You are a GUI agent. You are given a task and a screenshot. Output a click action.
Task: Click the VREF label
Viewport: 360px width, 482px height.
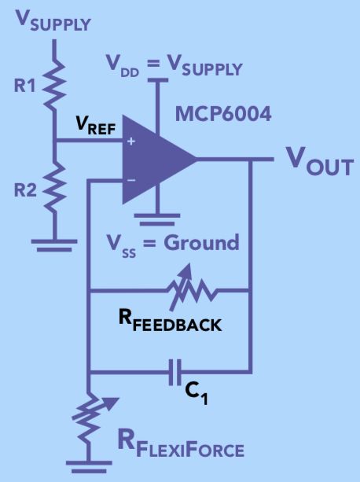coord(94,125)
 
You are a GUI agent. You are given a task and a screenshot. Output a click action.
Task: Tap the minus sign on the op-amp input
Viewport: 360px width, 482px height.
coord(130,179)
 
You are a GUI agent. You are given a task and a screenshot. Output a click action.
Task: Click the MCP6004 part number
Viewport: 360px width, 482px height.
coord(224,115)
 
